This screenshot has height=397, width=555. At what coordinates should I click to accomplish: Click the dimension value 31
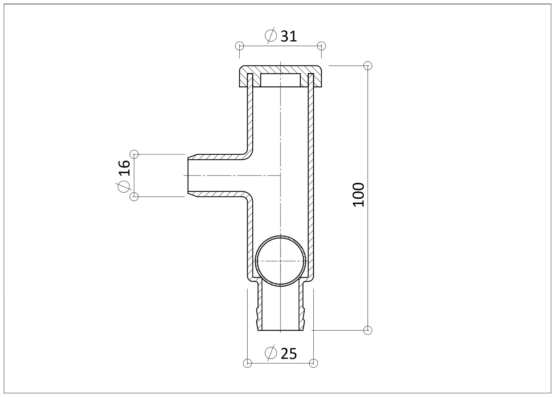[x=288, y=36]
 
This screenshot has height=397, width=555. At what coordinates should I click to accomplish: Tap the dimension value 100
[x=359, y=195]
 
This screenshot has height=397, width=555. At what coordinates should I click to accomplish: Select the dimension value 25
[x=289, y=354]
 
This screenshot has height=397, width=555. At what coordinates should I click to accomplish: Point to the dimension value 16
[x=124, y=168]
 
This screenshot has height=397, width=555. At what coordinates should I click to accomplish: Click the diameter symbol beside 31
[x=270, y=36]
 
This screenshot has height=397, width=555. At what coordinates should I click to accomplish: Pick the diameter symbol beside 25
[x=270, y=353]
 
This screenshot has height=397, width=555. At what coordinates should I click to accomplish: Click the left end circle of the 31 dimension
[x=239, y=46]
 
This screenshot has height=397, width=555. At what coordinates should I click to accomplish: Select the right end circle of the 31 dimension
[x=322, y=46]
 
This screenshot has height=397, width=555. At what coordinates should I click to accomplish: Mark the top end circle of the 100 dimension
[x=368, y=66]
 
